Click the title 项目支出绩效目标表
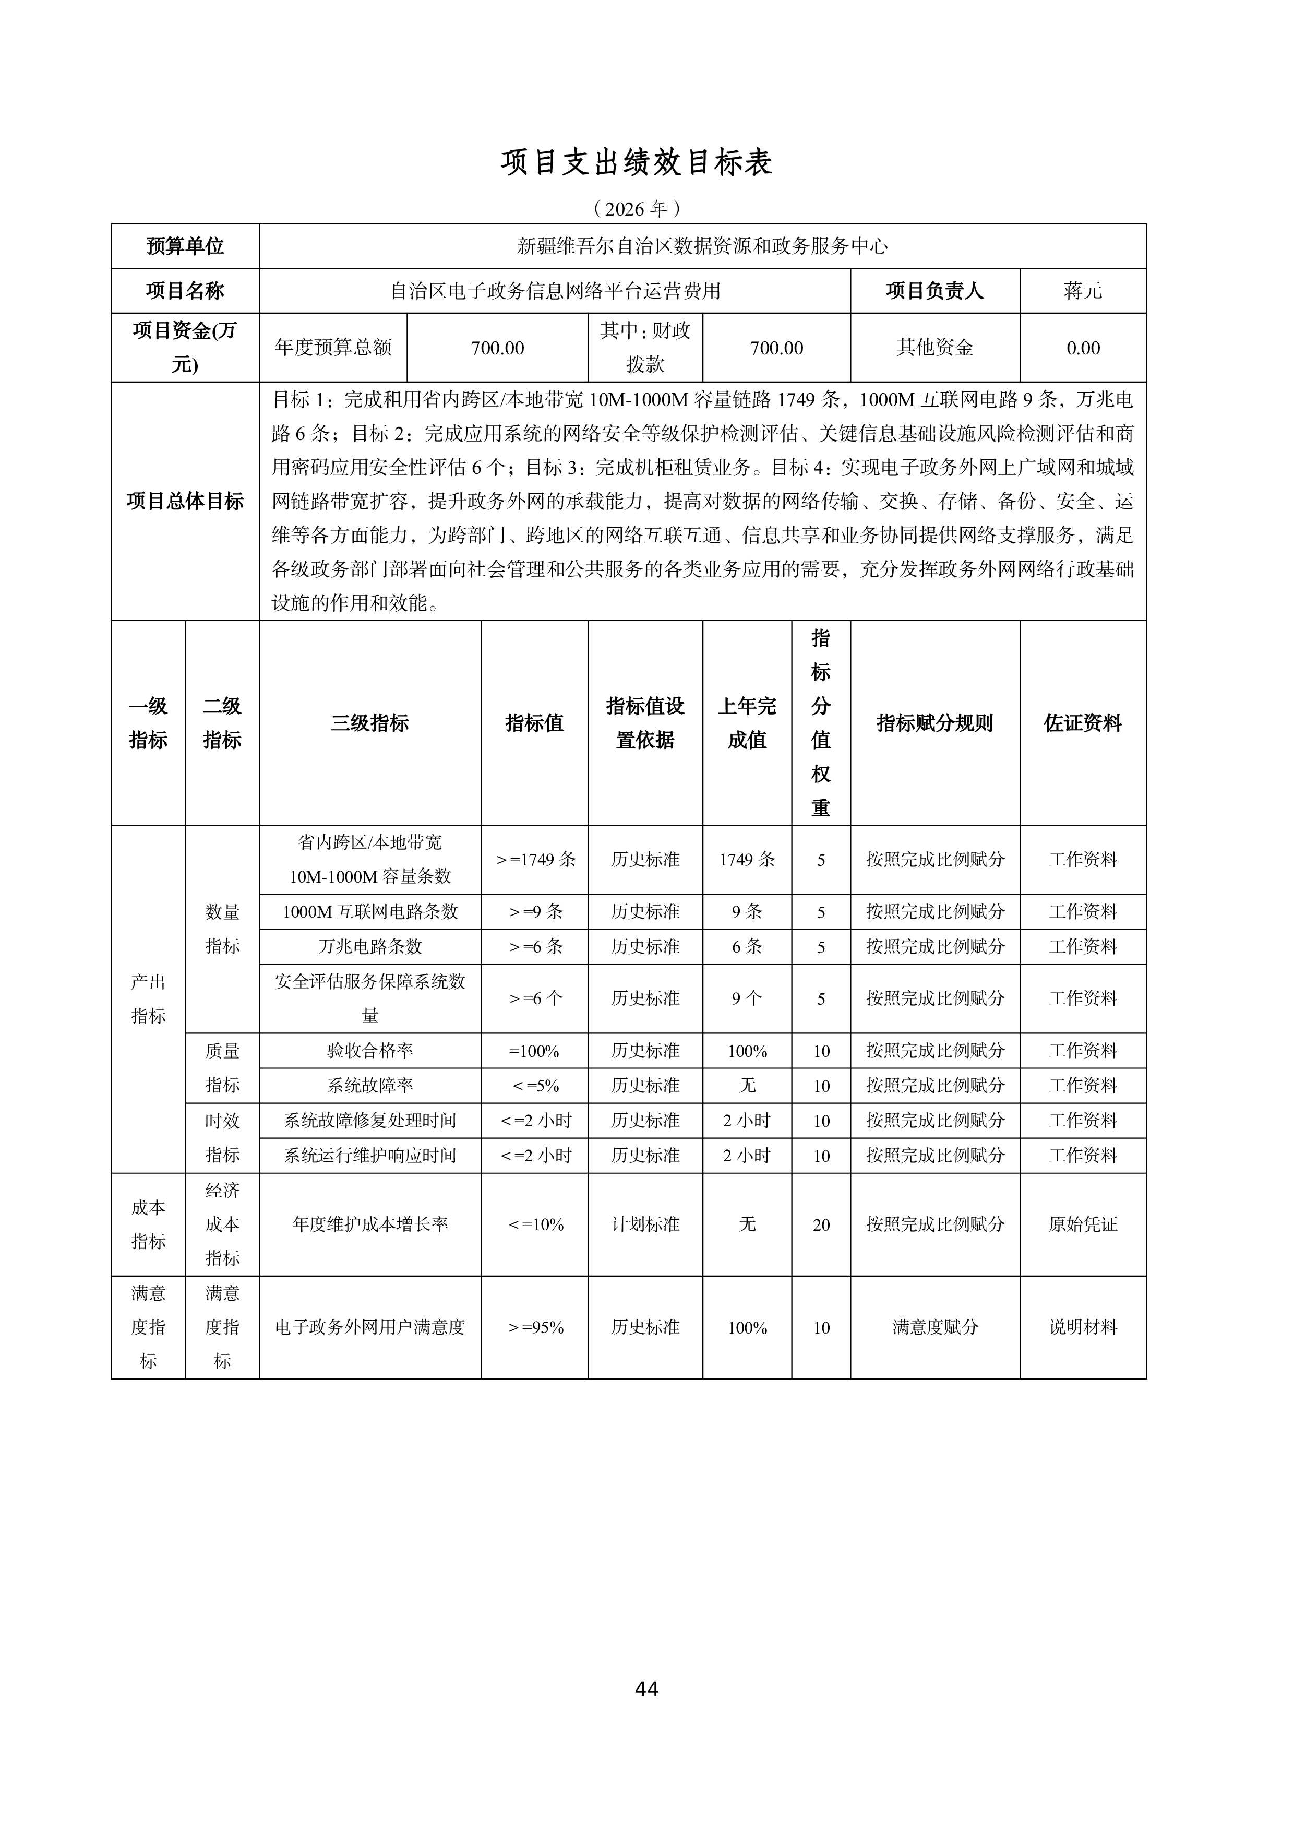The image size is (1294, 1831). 636,163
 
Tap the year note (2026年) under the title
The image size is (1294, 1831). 636,209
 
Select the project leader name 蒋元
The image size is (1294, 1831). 1082,291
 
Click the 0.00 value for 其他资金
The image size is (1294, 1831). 1082,348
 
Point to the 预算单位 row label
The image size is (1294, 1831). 185,246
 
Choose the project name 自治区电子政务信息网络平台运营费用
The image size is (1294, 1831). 555,291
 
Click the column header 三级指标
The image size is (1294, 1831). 370,723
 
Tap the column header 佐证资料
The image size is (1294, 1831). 1082,723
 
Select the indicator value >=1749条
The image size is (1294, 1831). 535,860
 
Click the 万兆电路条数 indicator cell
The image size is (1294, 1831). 370,947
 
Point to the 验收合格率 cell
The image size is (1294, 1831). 370,1051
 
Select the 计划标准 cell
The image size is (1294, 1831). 645,1224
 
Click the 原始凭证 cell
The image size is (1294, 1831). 1082,1224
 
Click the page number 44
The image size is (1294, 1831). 646,1689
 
